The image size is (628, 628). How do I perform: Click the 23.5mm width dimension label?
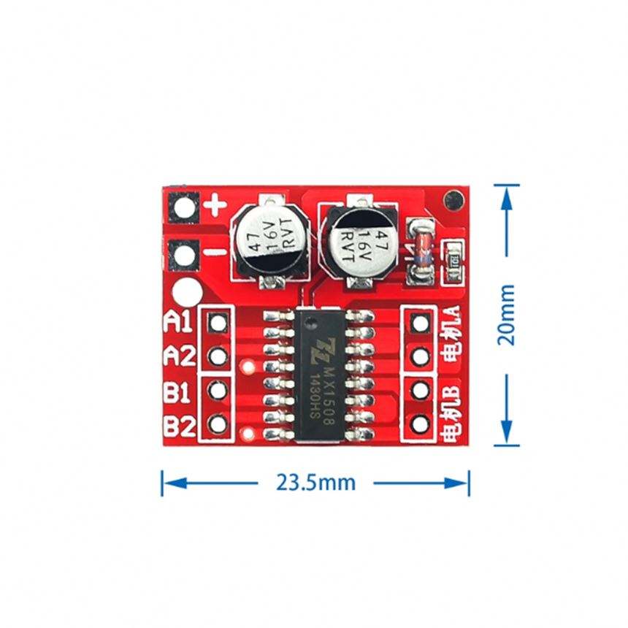coord(315,483)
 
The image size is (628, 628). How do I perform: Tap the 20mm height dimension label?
coord(506,315)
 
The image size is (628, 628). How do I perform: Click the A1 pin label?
coord(179,321)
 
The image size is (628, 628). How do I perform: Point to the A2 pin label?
coord(179,356)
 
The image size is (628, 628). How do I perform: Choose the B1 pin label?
coord(177,392)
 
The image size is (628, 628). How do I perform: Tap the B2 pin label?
coord(177,425)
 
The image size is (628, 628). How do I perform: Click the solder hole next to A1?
coord(217,322)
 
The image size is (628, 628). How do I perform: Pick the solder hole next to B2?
coord(217,424)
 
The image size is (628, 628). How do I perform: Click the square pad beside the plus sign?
coord(183,208)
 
